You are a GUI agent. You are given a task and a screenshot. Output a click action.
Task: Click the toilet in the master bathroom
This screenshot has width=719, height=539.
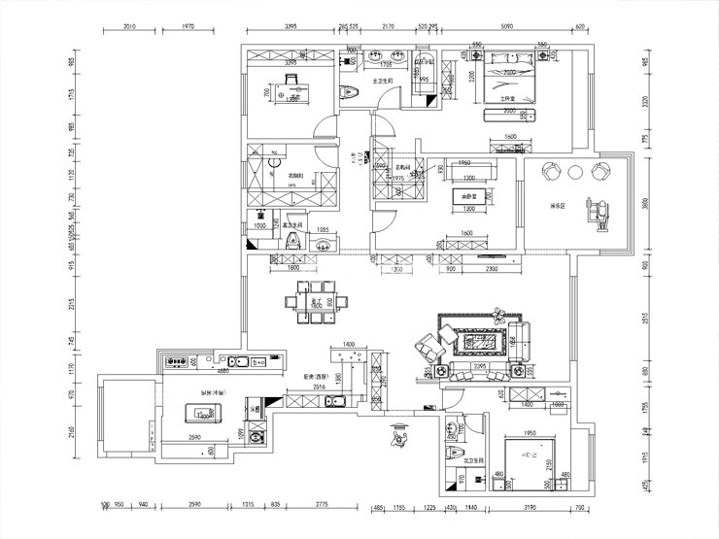pos(352,92)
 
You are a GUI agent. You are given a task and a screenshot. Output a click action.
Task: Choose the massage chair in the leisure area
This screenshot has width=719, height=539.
pos(598,208)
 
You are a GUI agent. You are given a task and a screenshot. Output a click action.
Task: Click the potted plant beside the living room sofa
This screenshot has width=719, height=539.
pos(500,313)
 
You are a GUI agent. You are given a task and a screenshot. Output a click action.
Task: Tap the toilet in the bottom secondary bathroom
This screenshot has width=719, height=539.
pos(452,453)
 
